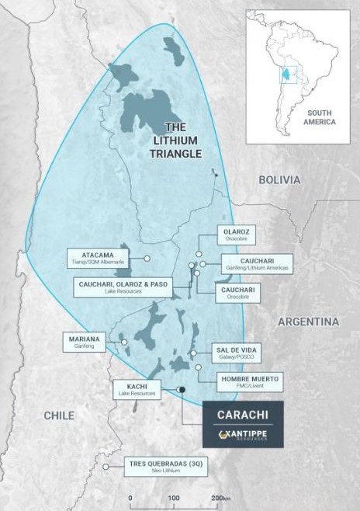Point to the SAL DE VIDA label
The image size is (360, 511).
pos(236,353)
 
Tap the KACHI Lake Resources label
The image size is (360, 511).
pos(137,389)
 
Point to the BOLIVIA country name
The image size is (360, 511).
pos(279,179)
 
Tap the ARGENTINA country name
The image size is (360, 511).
pos(308,322)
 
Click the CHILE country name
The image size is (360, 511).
pos(59,415)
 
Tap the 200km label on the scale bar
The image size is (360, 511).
pos(222,497)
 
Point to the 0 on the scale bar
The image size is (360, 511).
pos(130,497)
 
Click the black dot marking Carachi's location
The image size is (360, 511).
pos(182,389)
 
